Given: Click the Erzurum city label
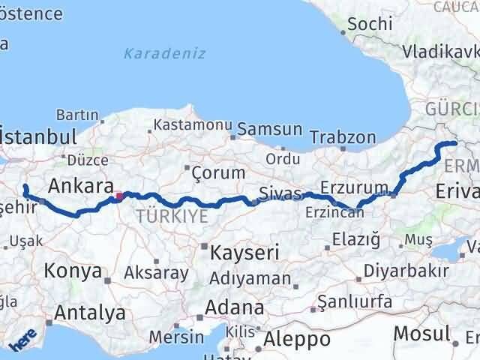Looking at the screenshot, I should point(354,187).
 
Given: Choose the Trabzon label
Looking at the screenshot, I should point(343,138).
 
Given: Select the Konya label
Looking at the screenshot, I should point(73,270).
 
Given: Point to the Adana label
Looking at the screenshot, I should point(237,307).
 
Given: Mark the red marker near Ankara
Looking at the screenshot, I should point(118,197).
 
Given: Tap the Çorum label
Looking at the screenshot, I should point(218,172).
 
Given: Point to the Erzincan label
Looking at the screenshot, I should point(334,212).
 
